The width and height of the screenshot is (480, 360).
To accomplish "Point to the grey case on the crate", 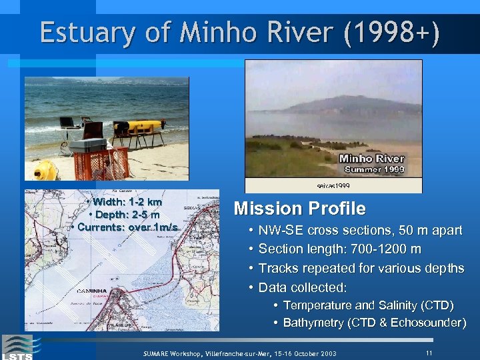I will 87,145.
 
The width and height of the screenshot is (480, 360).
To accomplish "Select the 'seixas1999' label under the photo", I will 333,185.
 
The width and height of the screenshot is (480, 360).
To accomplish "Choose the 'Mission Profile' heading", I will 299,209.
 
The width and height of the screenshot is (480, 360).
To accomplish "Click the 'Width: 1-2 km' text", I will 127,202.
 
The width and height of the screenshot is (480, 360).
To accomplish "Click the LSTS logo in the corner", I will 17,347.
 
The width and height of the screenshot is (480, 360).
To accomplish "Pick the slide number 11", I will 429,351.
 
